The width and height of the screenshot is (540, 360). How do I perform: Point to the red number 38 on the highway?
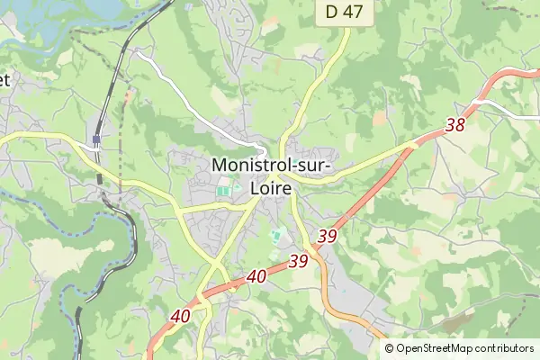[x=454, y=125]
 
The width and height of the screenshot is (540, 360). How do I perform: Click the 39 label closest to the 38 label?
[x=328, y=236]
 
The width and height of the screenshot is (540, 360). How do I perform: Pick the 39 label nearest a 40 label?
[x=299, y=262]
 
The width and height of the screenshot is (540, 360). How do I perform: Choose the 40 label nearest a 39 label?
[x=256, y=277]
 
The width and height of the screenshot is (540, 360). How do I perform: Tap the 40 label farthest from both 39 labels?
[x=180, y=316]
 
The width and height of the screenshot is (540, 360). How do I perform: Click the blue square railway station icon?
[x=94, y=139]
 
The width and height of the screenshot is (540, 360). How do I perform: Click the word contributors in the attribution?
[x=507, y=348]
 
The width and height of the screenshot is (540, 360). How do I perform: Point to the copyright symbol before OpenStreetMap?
[x=390, y=348]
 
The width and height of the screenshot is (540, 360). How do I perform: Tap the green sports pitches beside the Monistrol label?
[x=223, y=191]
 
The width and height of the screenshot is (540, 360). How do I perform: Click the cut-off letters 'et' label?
[x=4, y=79]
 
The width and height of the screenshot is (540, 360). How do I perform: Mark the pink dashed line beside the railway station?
[x=120, y=171]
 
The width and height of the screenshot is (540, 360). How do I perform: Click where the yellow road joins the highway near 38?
[x=415, y=143]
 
